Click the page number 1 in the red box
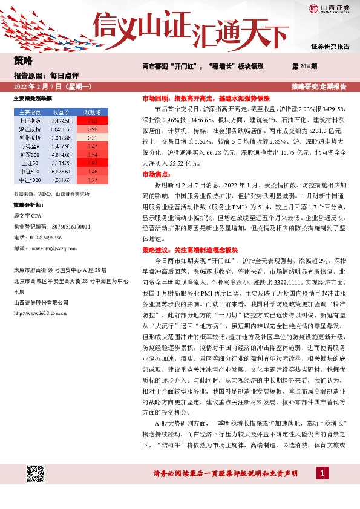pos(324,472)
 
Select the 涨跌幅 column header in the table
pos(93,112)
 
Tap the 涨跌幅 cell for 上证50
pos(93,163)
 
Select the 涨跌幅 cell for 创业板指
pos(93,137)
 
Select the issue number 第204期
pos(303,65)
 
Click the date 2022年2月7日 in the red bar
pos(51,87)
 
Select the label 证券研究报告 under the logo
pos(330,47)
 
